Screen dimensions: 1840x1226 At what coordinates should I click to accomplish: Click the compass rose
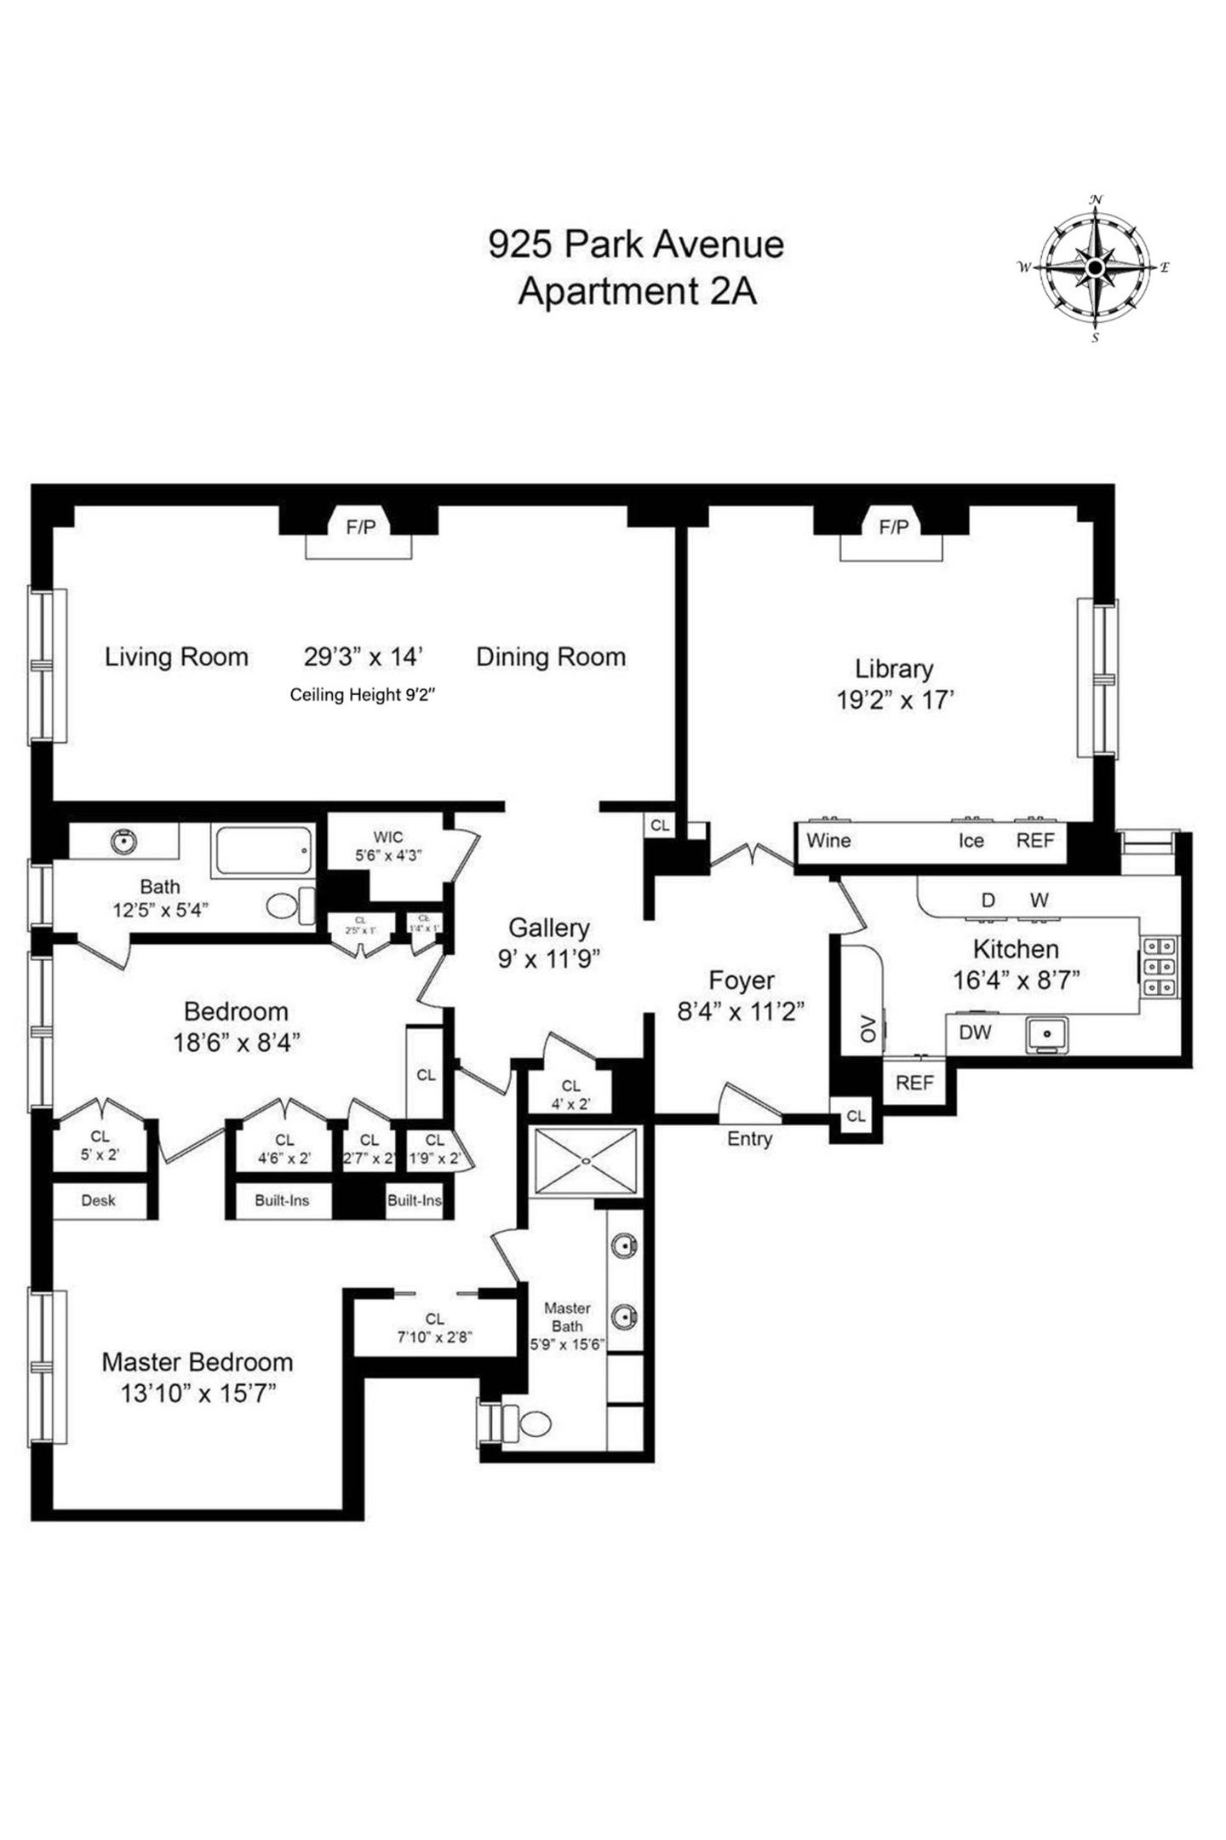coord(1095,268)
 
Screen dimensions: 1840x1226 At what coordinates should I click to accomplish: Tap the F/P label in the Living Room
coord(360,527)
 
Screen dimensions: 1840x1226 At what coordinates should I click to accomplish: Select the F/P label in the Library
coord(893,527)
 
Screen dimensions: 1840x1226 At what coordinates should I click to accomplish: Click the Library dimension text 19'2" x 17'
coord(894,700)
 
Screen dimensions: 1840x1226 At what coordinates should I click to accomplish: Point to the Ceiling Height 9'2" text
coord(363,695)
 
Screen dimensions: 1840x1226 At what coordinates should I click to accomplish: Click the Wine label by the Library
coord(828,841)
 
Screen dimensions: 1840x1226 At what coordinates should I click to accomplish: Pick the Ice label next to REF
coord(971,841)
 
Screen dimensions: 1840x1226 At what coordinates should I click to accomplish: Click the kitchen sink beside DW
coord(1046,1033)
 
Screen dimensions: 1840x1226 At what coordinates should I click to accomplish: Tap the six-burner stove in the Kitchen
coord(1160,967)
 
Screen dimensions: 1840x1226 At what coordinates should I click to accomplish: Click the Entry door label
coord(749,1139)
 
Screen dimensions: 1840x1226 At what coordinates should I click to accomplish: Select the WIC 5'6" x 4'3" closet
coord(387,847)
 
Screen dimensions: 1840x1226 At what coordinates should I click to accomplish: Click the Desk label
coord(98,1200)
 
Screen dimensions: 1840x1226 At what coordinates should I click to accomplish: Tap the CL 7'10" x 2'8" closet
coord(434,1327)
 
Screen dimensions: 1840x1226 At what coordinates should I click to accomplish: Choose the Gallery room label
coord(548,928)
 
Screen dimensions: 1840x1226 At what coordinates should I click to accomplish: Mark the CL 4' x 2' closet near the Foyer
coord(570,1095)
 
